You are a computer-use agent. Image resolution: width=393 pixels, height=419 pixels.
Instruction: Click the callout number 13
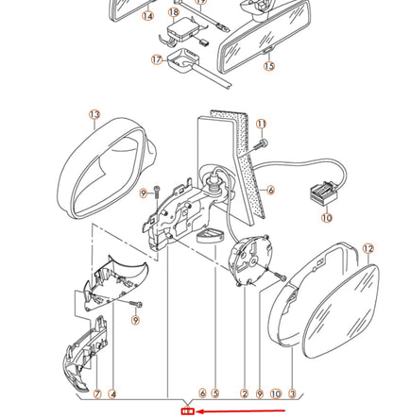click(x=94, y=114)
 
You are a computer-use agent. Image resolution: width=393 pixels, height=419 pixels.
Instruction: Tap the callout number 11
click(x=261, y=125)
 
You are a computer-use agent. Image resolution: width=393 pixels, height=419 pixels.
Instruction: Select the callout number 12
click(x=368, y=249)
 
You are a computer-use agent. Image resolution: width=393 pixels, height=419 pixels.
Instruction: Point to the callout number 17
click(x=157, y=59)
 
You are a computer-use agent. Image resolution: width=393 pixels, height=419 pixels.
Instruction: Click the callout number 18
click(x=174, y=12)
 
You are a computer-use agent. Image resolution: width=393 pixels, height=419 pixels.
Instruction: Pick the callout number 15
click(x=269, y=66)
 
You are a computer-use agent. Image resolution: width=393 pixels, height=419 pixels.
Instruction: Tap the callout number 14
click(x=148, y=16)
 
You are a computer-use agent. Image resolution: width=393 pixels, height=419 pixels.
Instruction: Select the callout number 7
click(x=97, y=394)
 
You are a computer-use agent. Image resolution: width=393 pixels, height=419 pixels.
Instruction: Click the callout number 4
click(x=112, y=394)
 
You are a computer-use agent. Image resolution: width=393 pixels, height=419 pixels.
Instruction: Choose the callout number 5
click(x=215, y=394)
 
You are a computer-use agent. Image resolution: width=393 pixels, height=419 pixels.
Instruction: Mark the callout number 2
click(x=245, y=394)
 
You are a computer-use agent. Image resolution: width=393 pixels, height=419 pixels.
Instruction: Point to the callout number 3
click(x=292, y=394)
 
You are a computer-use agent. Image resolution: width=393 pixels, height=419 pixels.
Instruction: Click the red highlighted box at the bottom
click(x=188, y=411)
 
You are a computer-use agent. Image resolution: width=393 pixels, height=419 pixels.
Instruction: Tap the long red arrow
click(x=241, y=411)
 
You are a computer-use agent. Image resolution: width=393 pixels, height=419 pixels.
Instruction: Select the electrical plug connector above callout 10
click(x=323, y=193)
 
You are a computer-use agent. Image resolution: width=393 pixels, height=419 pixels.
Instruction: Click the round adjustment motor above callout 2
click(x=250, y=260)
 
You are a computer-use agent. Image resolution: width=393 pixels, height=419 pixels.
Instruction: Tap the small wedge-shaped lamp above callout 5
click(x=210, y=236)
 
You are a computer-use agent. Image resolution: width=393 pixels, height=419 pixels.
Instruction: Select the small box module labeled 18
click(x=183, y=30)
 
